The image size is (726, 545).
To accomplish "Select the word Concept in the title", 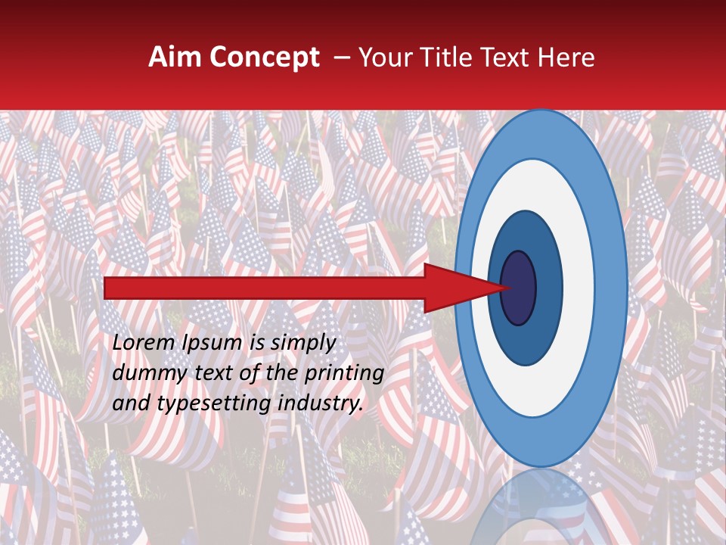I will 264,58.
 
